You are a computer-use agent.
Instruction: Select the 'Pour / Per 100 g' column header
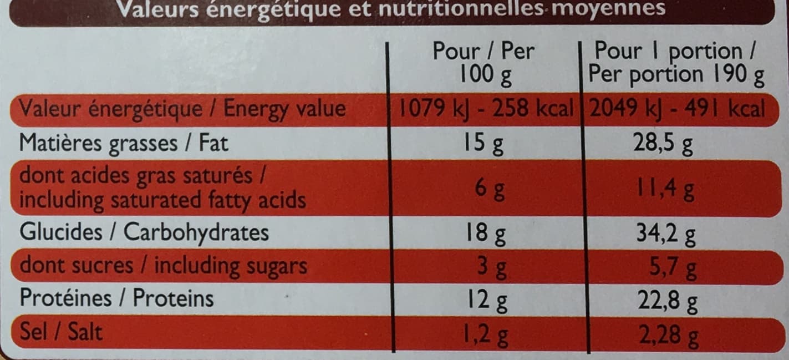point(483,63)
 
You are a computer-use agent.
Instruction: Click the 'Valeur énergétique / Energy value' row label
point(182,109)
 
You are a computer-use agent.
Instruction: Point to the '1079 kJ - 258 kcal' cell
point(486,109)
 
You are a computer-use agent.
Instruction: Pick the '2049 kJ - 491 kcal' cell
point(677,109)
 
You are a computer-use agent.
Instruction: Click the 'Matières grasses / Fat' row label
point(124,143)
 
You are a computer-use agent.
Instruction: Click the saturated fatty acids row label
point(162,188)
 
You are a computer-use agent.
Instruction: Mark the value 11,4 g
point(665,189)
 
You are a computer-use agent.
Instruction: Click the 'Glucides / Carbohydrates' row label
point(144,232)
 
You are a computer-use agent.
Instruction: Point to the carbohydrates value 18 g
point(485,232)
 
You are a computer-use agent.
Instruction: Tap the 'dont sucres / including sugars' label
point(164,266)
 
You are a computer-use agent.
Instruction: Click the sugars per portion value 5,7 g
point(673,267)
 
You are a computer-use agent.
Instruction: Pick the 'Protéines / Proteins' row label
point(116,298)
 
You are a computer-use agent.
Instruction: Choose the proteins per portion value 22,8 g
point(668,301)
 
